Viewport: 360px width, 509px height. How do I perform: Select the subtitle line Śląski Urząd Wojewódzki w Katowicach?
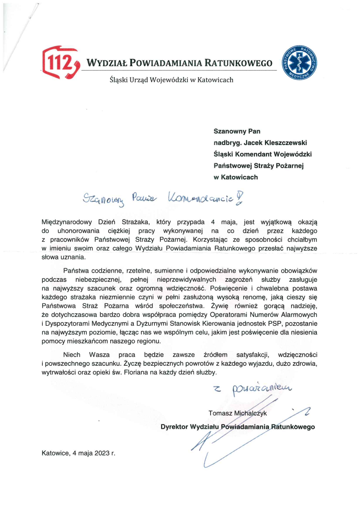click(x=171, y=80)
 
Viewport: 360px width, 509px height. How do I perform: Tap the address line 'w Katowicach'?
click(x=235, y=177)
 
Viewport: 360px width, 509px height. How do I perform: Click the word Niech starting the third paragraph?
click(x=71, y=355)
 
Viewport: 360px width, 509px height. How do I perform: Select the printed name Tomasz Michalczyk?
click(x=238, y=413)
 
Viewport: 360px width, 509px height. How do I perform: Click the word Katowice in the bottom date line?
click(x=55, y=453)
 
